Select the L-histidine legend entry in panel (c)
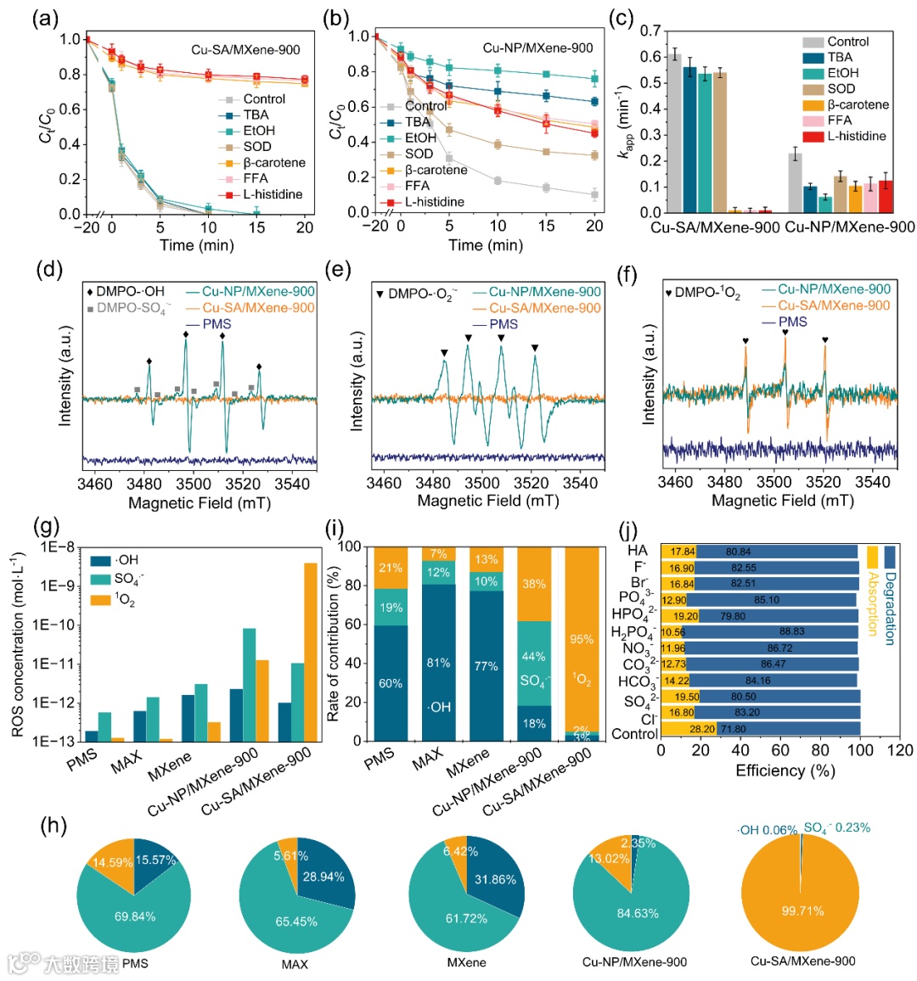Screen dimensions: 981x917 855,137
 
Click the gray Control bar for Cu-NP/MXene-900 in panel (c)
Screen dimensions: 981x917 795,183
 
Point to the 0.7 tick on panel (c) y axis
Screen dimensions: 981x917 650,31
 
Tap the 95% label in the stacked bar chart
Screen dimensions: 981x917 582,640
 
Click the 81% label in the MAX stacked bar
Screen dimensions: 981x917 438,663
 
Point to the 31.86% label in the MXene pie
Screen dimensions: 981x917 495,880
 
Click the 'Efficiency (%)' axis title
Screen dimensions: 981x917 785,771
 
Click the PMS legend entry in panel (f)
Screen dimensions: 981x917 793,322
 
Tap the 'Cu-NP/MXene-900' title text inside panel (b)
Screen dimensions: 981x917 537,48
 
